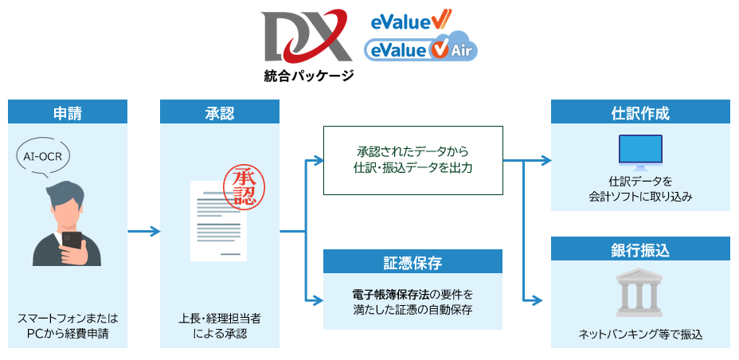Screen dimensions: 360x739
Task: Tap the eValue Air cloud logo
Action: tap(420, 49)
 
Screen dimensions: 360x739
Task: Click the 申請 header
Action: tap(68, 112)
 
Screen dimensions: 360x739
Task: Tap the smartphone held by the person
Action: tap(71, 244)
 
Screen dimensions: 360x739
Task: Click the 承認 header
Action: tap(220, 112)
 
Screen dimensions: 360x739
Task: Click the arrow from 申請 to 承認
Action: tap(144, 232)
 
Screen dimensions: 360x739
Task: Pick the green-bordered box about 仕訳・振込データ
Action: tap(413, 160)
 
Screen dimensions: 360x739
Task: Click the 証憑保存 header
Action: tap(413, 262)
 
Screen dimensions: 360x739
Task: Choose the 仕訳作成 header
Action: tap(640, 112)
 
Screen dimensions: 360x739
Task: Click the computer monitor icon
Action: tap(640, 152)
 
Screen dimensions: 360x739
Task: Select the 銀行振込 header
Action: tap(640, 251)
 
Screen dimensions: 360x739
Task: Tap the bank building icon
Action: tap(640, 294)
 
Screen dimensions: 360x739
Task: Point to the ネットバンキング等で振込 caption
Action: tap(640, 334)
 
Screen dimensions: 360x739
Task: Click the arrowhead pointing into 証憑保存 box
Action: tap(318, 300)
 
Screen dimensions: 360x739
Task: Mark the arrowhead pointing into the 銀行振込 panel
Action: tap(545, 300)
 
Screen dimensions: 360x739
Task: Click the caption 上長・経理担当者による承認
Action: tap(220, 326)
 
